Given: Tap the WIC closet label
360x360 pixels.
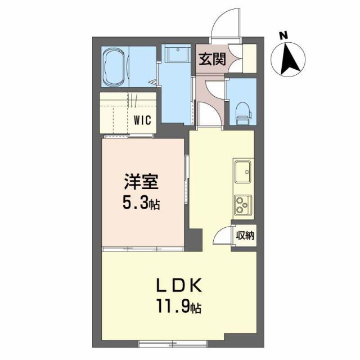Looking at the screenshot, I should coord(142,119).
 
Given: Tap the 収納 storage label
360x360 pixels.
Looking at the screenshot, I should coord(245,236).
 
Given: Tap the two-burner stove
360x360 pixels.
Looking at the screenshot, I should coord(244,205).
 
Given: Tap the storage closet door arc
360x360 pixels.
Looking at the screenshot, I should coord(224,235).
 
